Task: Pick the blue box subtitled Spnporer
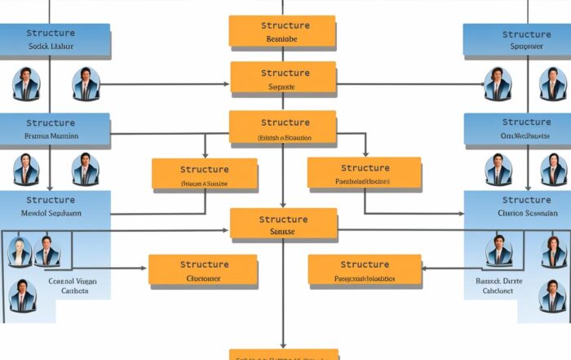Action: pyautogui.click(x=516, y=41)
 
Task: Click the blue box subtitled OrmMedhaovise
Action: pyautogui.click(x=516, y=129)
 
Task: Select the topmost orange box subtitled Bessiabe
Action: pyautogui.click(x=282, y=31)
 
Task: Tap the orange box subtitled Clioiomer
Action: pyautogui.click(x=203, y=271)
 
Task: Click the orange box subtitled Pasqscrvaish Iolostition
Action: pyautogui.click(x=365, y=271)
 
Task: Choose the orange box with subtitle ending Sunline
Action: pyautogui.click(x=204, y=176)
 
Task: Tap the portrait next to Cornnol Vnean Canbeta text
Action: pyautogui.click(x=22, y=296)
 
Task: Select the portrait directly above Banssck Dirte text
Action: pyautogui.click(x=497, y=251)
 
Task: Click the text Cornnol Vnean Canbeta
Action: pyautogui.click(x=73, y=286)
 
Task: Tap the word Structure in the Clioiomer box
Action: pyautogui.click(x=204, y=264)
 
